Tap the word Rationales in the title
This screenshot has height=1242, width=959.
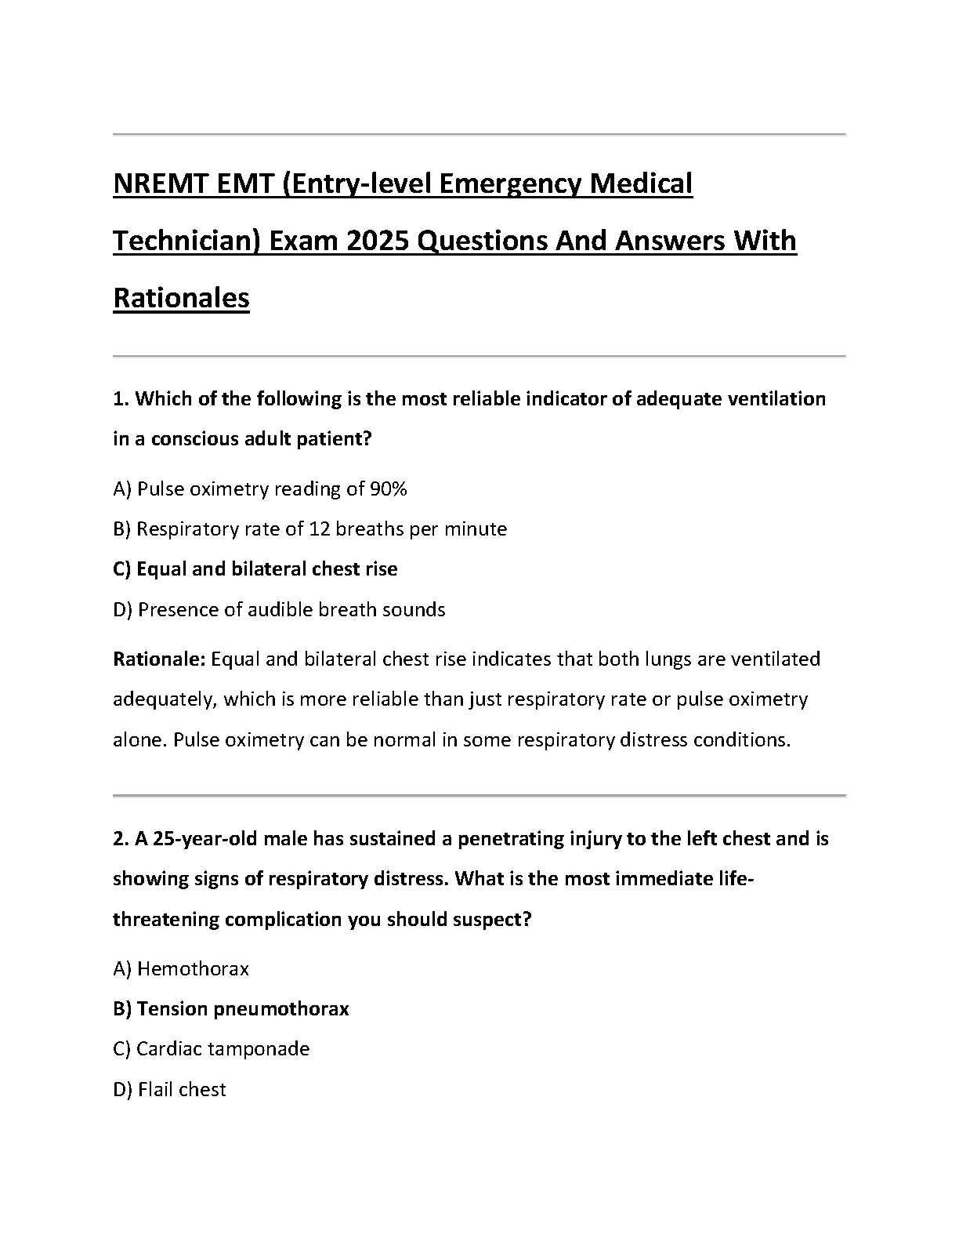pyautogui.click(x=181, y=298)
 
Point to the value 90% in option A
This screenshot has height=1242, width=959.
pyautogui.click(x=388, y=489)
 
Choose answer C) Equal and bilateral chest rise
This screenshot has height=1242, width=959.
pyautogui.click(x=255, y=569)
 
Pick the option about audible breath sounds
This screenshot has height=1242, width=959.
pyautogui.click(x=279, y=610)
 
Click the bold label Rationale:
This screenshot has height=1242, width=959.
pyautogui.click(x=158, y=659)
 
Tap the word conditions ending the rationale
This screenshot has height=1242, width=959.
pyautogui.click(x=741, y=740)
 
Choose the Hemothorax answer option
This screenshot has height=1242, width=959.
pyautogui.click(x=181, y=969)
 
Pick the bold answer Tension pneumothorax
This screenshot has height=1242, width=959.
pyautogui.click(x=231, y=1009)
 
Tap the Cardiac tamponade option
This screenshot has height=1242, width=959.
pyautogui.click(x=212, y=1049)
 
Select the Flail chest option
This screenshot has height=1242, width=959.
pyautogui.click(x=170, y=1090)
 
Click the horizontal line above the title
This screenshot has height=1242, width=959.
pyautogui.click(x=479, y=135)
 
